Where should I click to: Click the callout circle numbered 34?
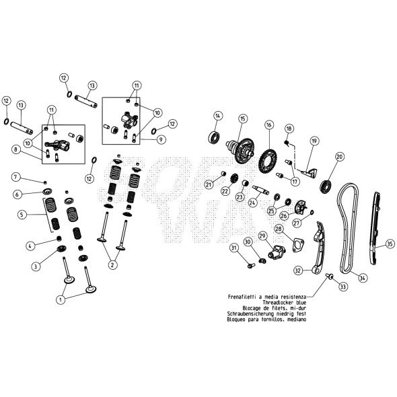tap(363, 277)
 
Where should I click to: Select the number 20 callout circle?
tap(340, 157)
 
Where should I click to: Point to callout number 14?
tap(217, 116)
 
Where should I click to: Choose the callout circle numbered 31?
tap(235, 249)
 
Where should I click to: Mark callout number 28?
tap(278, 230)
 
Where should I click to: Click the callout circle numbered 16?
tap(269, 124)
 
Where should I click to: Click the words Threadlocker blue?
tap(282, 302)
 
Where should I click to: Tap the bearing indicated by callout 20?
tap(329, 184)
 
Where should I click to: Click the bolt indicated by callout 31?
tap(251, 265)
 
